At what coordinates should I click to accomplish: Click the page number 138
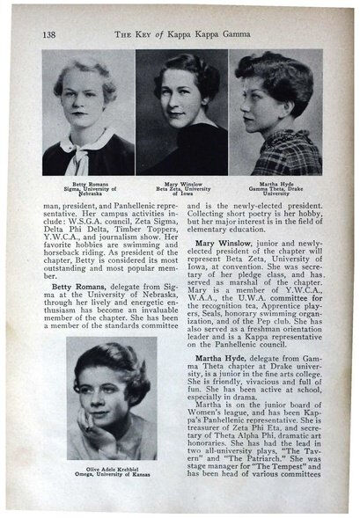tap(48, 33)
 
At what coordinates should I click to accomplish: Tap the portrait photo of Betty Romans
tap(88, 112)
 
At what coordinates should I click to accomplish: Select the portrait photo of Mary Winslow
tap(180, 112)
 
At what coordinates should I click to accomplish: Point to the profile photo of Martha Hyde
tap(276, 112)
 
